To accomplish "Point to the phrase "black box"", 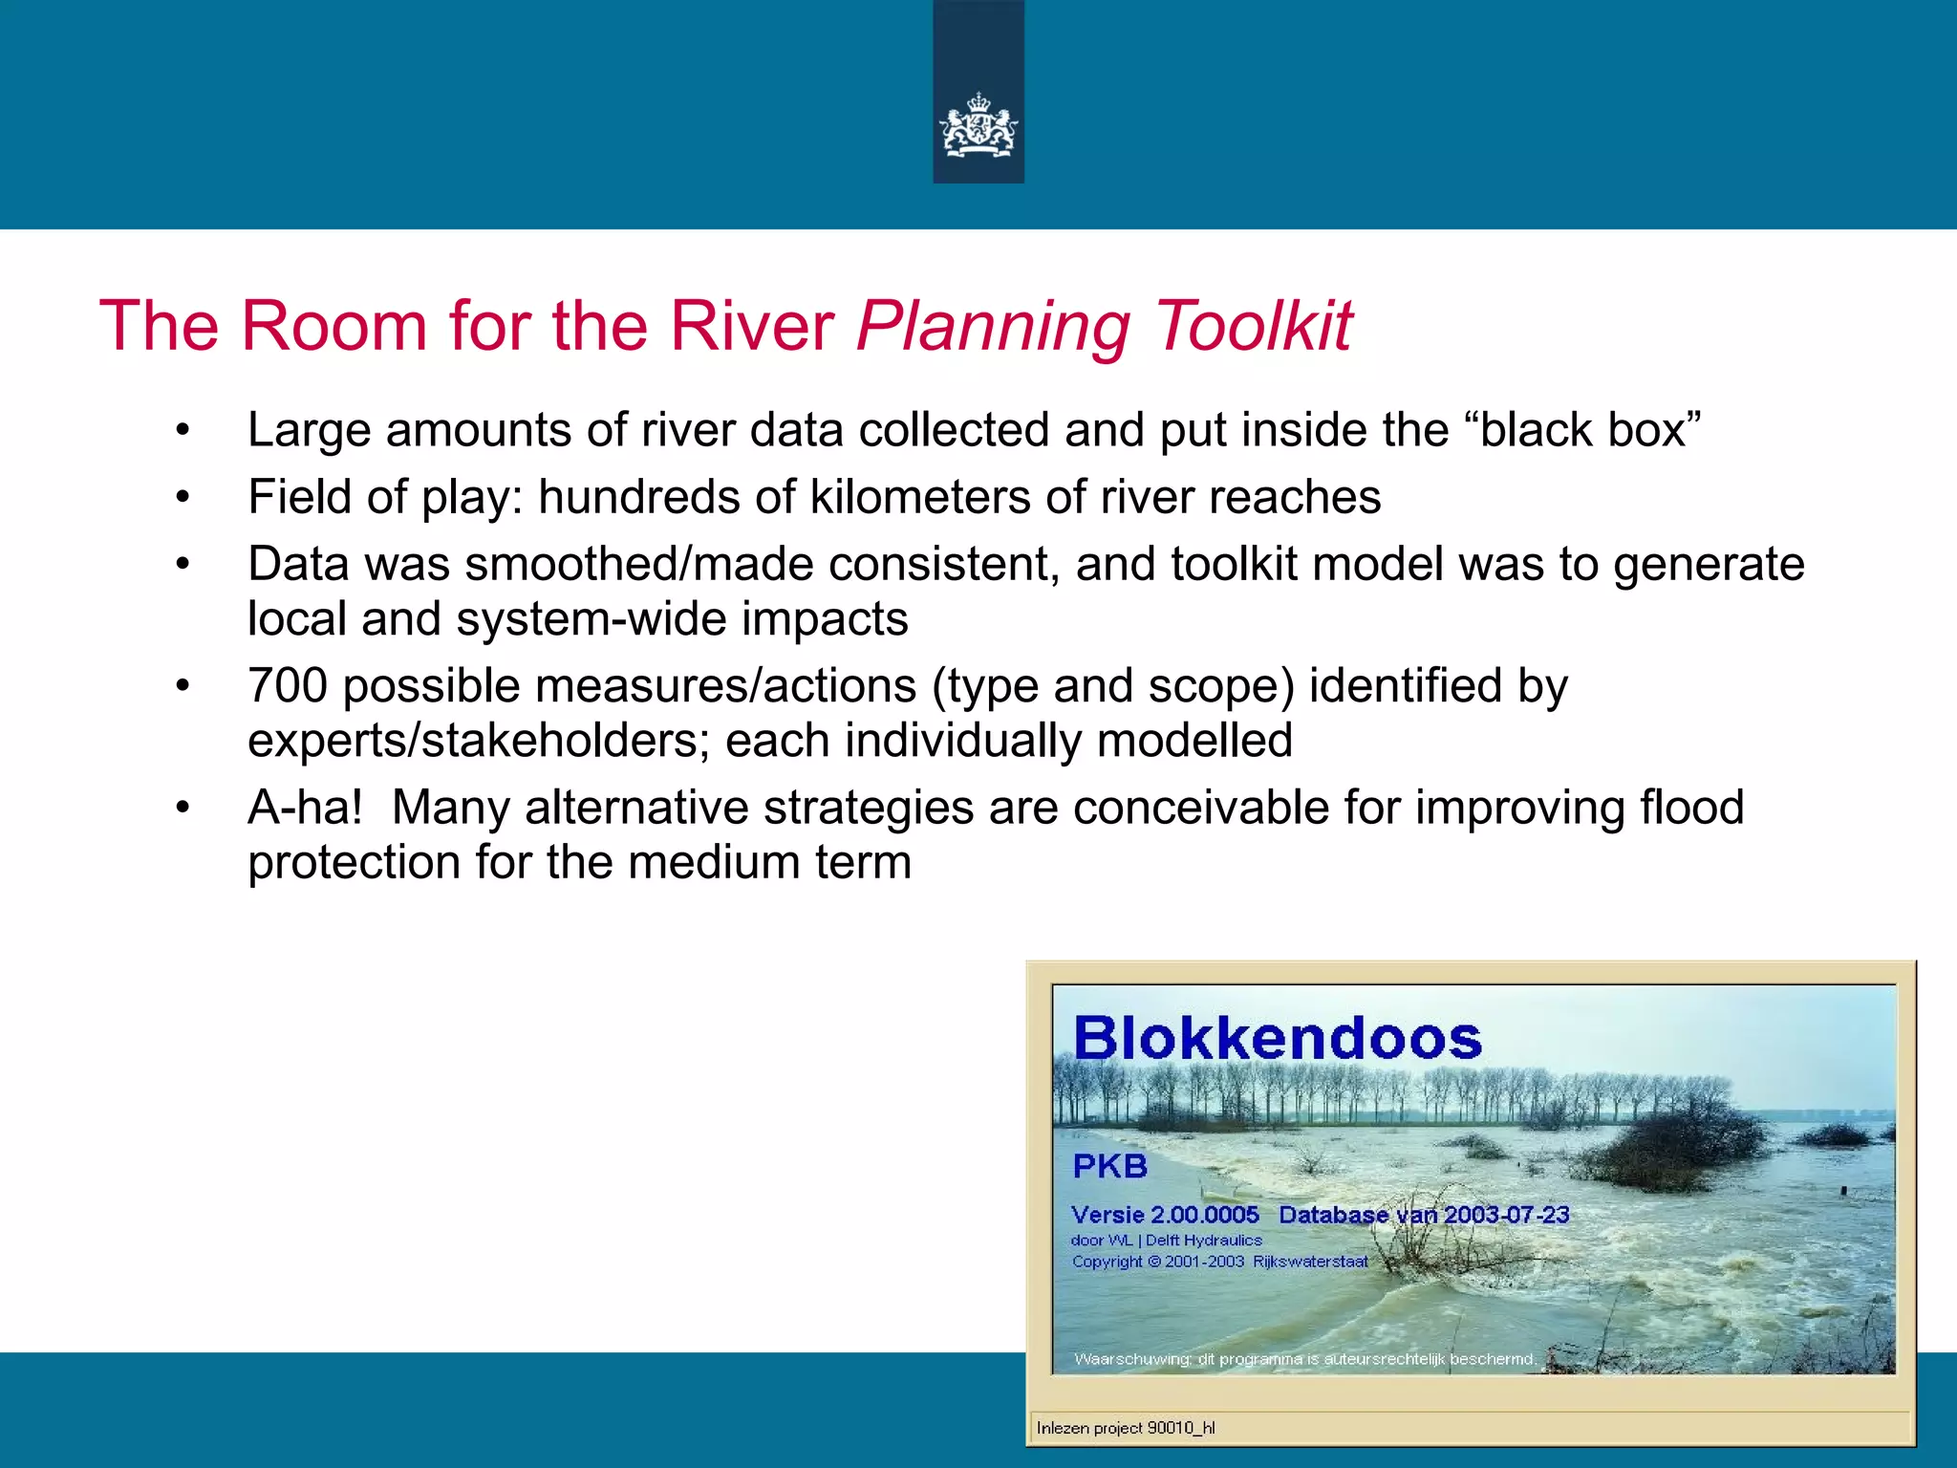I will [1591, 430].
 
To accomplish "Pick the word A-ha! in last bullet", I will [305, 808].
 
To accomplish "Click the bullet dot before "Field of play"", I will [183, 498].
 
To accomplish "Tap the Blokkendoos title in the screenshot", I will [1277, 1039].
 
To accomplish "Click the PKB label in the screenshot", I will [1109, 1166].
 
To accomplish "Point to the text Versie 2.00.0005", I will [1165, 1215].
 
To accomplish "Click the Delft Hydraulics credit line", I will [1166, 1241].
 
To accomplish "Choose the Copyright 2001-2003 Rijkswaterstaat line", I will [1219, 1262].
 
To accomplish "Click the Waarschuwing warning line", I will [1304, 1359].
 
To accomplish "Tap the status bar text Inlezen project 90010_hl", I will [1126, 1428].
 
